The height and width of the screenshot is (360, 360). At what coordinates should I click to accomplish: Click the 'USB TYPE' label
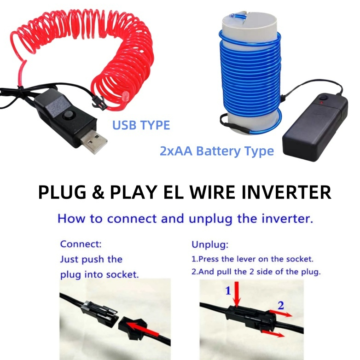141,125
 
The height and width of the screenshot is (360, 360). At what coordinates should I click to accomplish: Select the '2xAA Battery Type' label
217,151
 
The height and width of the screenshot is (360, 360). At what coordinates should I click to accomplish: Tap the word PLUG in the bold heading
61,192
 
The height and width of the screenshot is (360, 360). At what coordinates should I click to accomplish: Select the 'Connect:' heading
81,244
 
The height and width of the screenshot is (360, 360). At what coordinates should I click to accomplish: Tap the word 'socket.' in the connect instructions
123,274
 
